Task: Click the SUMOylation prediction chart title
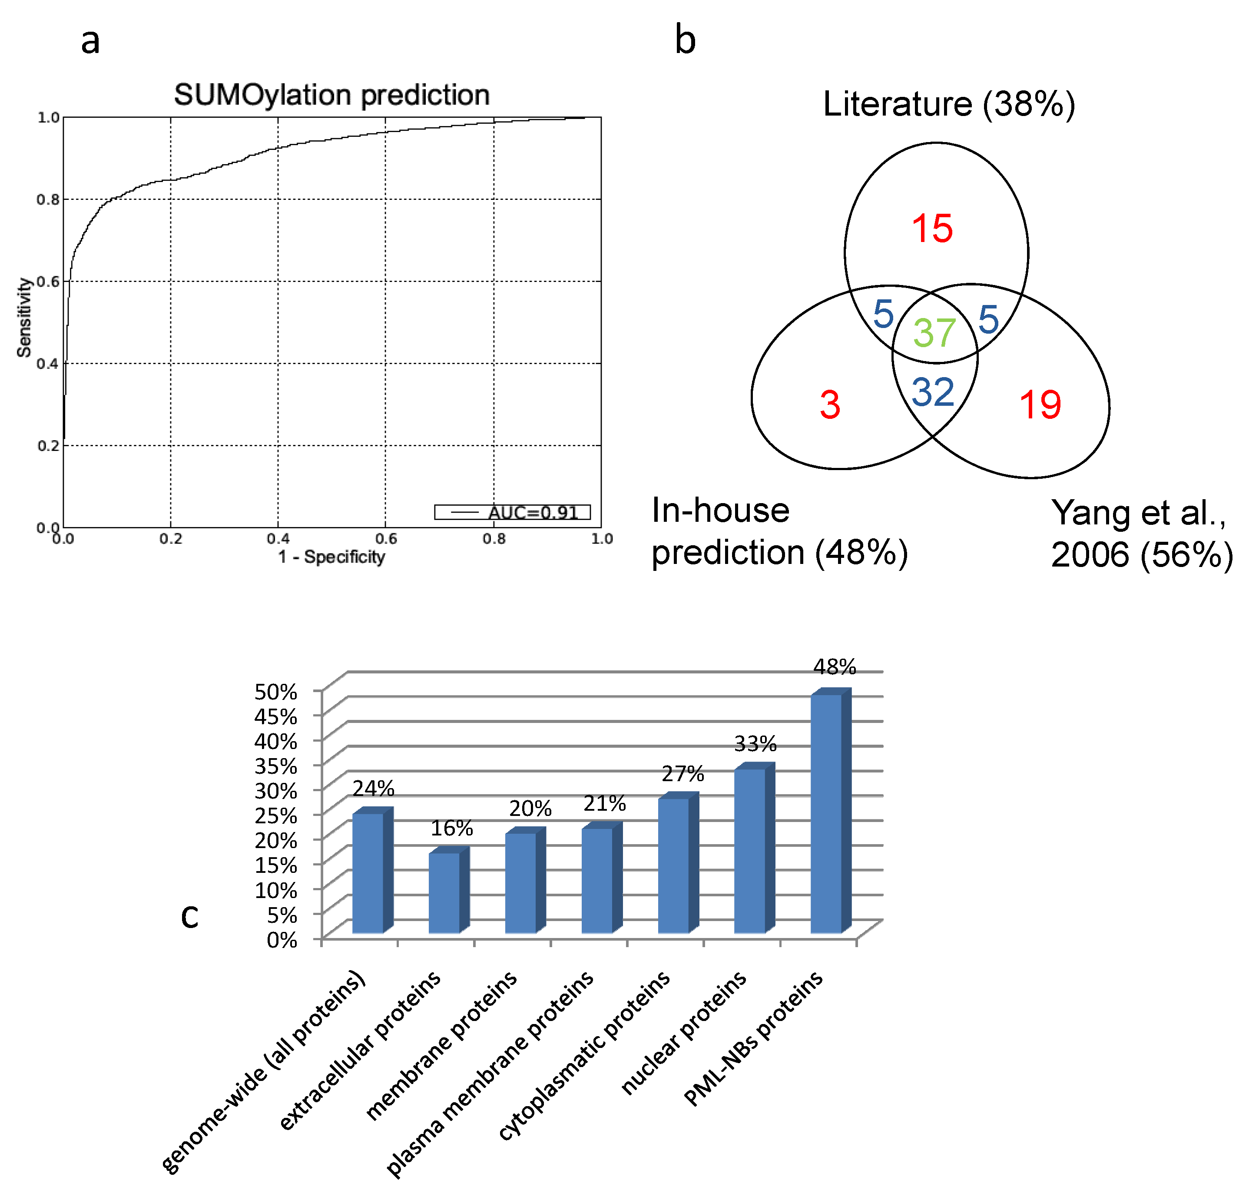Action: pos(332,95)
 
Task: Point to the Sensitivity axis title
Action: pos(24,317)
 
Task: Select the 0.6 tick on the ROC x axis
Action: pos(386,539)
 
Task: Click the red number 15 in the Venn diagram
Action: pos(932,229)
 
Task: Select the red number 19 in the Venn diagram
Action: pos(1040,404)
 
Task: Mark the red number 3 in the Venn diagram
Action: pos(830,404)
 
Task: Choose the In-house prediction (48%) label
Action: pos(779,531)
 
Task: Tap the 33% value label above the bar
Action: pos(755,743)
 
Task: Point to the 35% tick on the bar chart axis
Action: pos(275,766)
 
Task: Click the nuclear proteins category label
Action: pos(684,1034)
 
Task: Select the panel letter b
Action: pos(685,40)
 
